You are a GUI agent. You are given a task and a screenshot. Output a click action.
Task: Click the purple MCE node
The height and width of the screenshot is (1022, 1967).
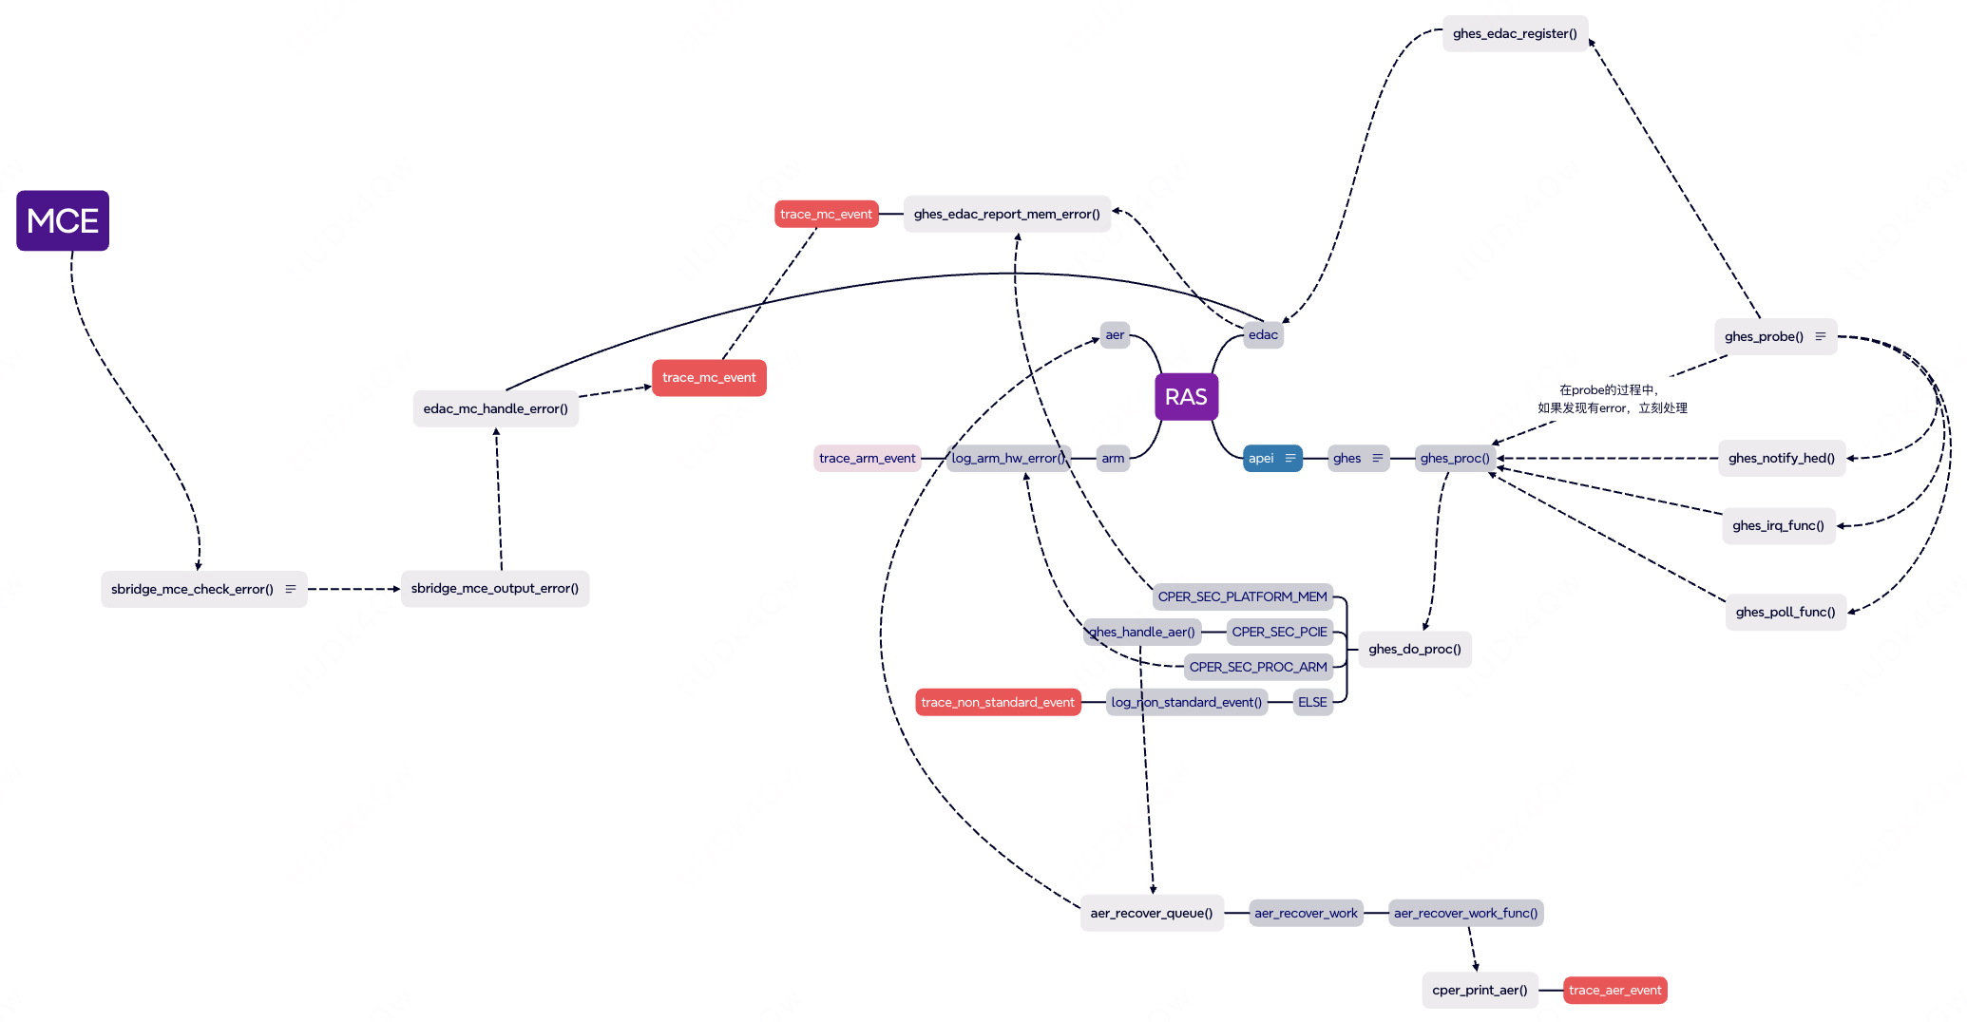click(63, 220)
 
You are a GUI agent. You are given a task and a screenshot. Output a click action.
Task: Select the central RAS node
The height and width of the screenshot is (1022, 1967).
click(1186, 397)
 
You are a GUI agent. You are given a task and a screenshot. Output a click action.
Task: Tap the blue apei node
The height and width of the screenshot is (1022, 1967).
click(1262, 459)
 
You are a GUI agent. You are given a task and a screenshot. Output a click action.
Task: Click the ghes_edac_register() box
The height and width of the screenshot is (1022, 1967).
click(1515, 34)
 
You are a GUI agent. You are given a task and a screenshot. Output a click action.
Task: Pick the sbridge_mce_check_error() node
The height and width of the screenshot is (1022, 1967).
click(193, 590)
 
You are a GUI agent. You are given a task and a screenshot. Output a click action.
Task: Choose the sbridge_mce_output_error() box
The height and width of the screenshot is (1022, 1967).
click(495, 589)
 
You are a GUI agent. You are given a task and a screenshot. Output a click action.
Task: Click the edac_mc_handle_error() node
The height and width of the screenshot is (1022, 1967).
click(495, 409)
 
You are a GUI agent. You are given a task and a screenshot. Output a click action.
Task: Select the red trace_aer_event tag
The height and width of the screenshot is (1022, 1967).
click(1614, 991)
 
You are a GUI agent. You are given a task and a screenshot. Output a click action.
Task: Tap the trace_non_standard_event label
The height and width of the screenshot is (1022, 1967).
click(998, 703)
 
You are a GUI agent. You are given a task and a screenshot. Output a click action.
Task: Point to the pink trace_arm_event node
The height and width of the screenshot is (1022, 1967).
click(867, 459)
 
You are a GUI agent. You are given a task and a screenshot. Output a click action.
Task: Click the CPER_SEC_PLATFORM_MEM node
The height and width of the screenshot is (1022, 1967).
click(1242, 597)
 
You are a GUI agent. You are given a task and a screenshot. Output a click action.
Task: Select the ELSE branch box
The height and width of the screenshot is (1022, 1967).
click(1312, 703)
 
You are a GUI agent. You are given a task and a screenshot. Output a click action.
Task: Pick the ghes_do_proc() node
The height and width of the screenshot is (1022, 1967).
click(1415, 650)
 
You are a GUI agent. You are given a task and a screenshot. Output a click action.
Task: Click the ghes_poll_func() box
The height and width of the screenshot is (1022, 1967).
click(1786, 613)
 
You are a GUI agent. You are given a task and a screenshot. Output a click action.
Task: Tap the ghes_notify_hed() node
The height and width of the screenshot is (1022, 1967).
click(1782, 459)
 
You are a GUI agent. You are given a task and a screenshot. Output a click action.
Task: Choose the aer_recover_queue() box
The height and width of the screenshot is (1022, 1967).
click(1152, 914)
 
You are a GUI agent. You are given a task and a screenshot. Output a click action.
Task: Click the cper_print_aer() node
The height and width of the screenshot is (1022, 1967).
click(1480, 991)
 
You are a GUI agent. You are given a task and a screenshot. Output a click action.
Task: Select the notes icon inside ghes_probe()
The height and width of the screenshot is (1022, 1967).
click(1821, 337)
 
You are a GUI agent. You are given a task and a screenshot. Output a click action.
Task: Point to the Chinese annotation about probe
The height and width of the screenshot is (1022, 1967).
click(1613, 399)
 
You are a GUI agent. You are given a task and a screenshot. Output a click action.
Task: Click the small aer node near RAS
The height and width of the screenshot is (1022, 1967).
click(1115, 335)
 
